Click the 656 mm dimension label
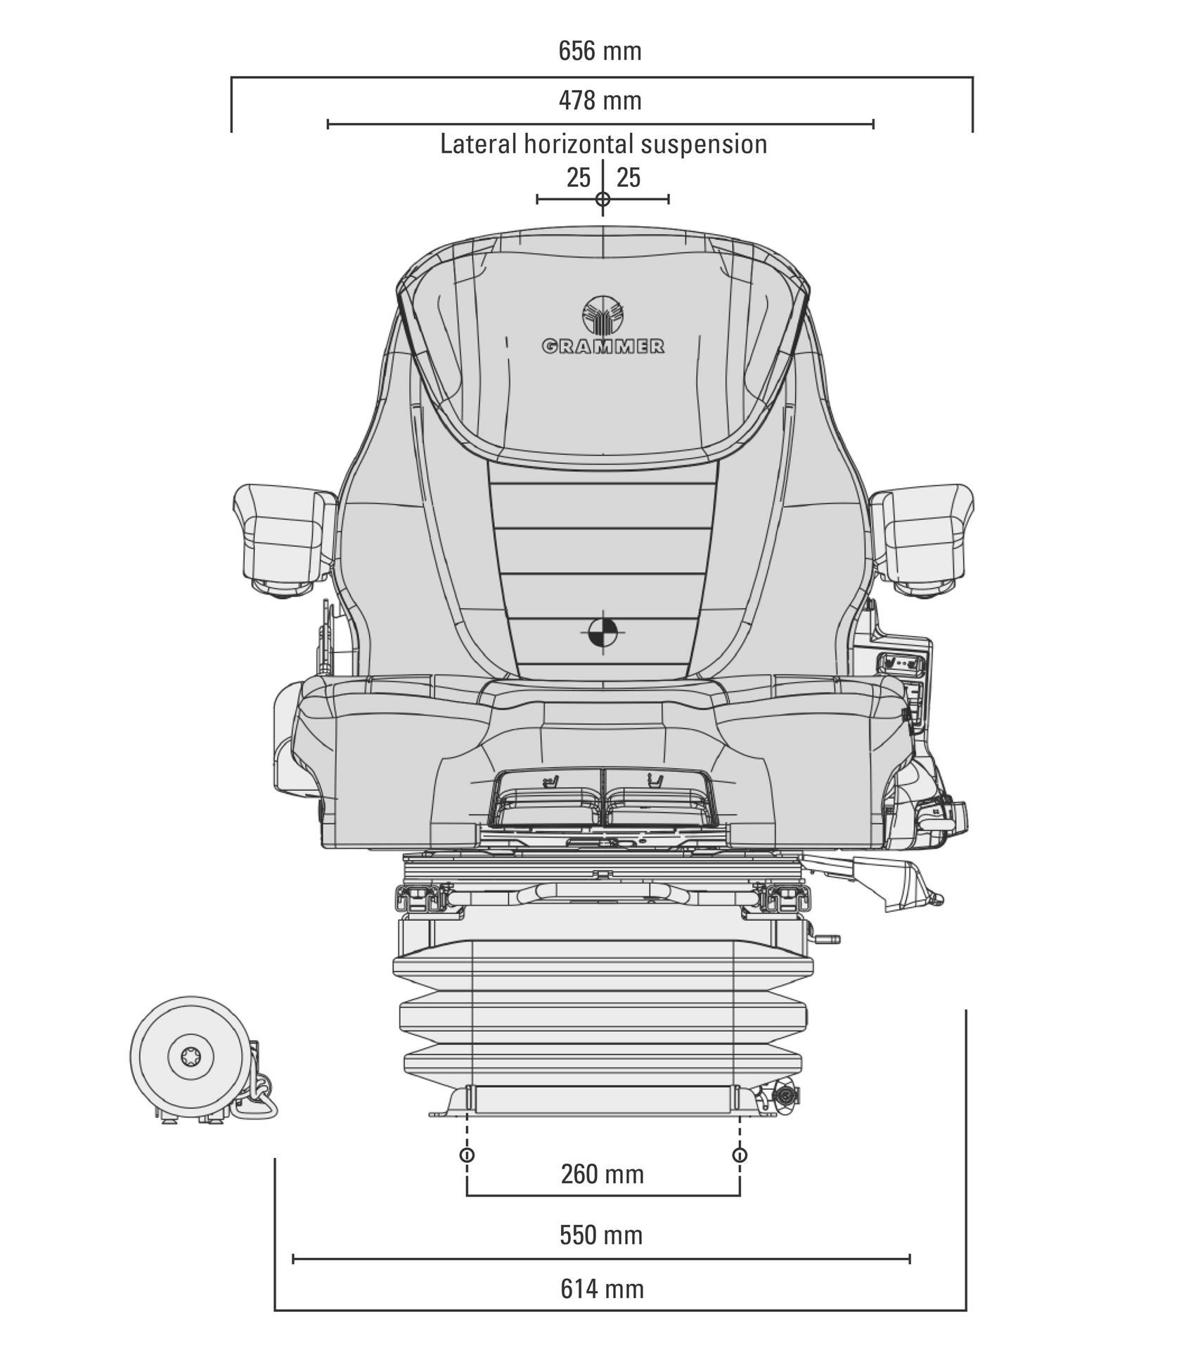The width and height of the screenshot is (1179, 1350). pos(600,51)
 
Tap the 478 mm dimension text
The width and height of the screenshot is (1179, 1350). pos(600,101)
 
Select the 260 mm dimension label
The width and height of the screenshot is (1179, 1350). pos(603,1174)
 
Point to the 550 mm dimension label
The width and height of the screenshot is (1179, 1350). pos(601,1235)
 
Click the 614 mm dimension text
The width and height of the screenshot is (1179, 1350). pos(603,1289)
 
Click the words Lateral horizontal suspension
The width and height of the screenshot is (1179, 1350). pos(603,144)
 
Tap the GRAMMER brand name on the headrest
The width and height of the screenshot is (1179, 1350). pos(603,346)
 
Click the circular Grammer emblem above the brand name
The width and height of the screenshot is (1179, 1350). pos(603,316)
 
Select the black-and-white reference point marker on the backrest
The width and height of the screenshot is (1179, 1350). pos(603,632)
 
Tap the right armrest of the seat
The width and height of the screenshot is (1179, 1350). pos(922,540)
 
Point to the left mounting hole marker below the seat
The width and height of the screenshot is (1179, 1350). pos(466,1155)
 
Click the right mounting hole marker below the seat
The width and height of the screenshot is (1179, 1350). pos(740,1155)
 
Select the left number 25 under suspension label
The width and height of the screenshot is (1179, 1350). pos(579,178)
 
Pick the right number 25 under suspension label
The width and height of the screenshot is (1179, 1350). pos(629,178)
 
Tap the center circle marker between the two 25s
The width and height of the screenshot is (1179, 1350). pos(603,199)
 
